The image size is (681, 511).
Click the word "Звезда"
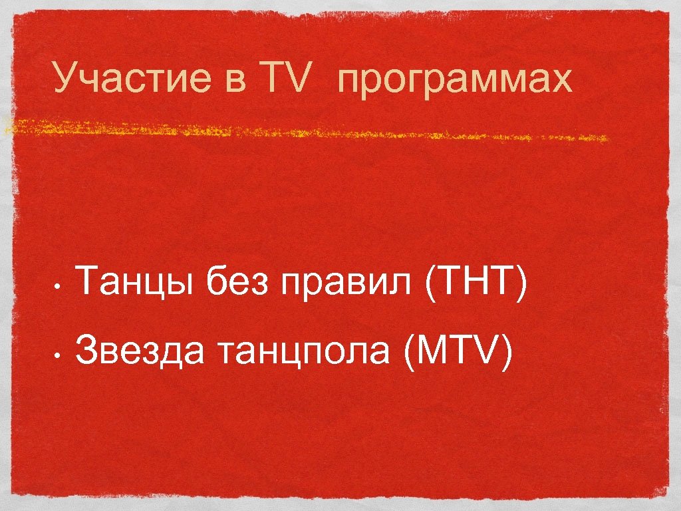(140, 351)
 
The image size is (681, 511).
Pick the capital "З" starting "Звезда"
(86, 351)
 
